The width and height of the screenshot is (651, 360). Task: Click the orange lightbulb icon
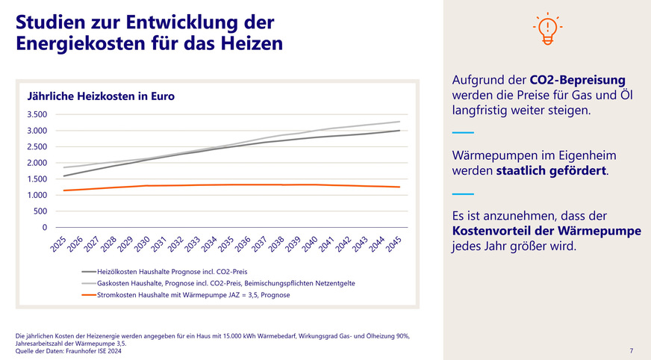click(548, 30)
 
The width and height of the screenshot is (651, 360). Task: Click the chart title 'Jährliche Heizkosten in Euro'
click(101, 96)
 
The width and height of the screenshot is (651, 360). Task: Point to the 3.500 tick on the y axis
click(37, 115)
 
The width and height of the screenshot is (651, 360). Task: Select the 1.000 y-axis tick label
click(37, 195)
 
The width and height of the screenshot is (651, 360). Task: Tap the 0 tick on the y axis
click(44, 227)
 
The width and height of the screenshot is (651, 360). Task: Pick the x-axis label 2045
click(396, 243)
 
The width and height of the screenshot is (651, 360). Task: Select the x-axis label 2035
click(226, 243)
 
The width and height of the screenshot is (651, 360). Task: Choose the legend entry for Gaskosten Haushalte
click(224, 284)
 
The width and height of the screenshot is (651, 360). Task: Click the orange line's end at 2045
click(400, 187)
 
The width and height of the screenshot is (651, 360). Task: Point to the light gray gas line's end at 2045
click(400, 122)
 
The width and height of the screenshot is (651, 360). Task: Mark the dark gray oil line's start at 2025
click(64, 176)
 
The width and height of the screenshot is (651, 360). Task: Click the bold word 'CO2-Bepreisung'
click(577, 80)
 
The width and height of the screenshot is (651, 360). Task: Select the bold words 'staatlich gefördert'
click(551, 171)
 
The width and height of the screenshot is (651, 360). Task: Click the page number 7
click(631, 350)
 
